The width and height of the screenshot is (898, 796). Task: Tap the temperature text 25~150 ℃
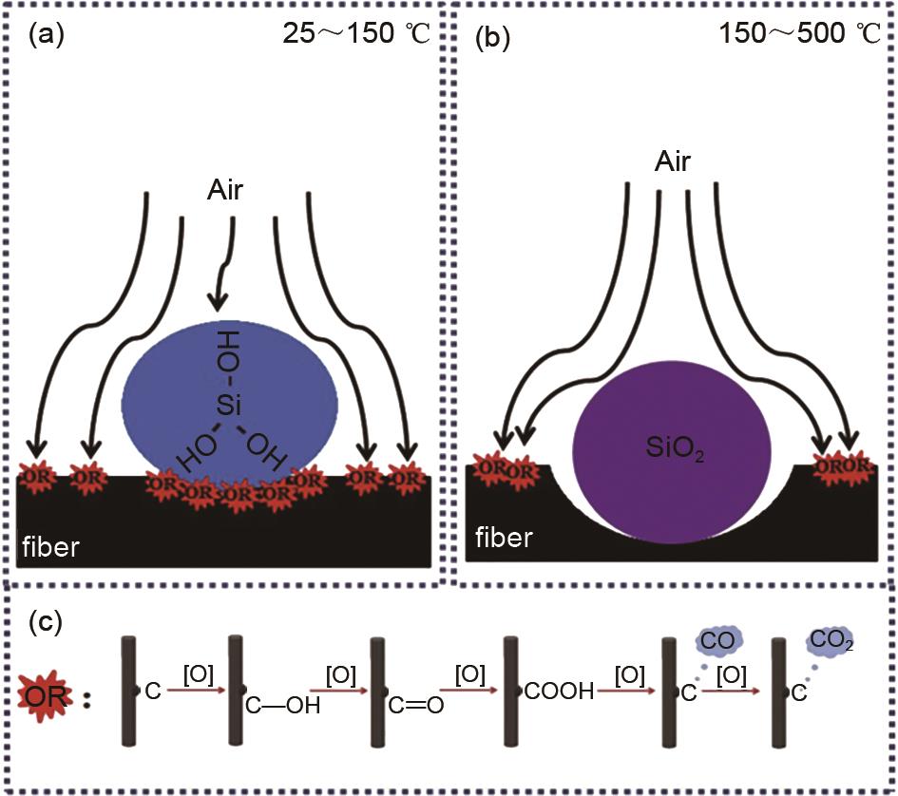point(356,35)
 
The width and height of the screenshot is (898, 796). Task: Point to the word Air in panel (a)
point(226,192)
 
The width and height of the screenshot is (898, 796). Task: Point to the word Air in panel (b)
point(672,162)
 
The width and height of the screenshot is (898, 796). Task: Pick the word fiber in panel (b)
point(505,540)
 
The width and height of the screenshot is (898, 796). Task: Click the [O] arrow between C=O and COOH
point(469,684)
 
